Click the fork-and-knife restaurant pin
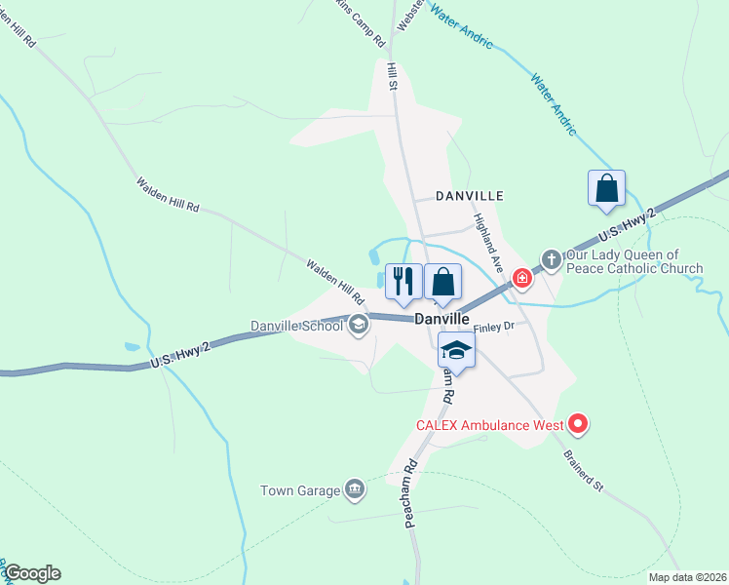coord(403,282)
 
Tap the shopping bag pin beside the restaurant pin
coord(442,282)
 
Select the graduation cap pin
coord(455,350)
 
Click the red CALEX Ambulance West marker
coord(578,423)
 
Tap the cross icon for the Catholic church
coord(551,259)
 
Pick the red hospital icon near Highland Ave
coord(522,279)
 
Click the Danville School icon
coord(359,326)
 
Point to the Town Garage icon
coord(355,489)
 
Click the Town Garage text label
coord(299,490)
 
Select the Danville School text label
coord(296,326)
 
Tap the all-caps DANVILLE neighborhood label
coord(469,195)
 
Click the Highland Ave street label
coord(488,243)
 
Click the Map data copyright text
coord(686,577)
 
